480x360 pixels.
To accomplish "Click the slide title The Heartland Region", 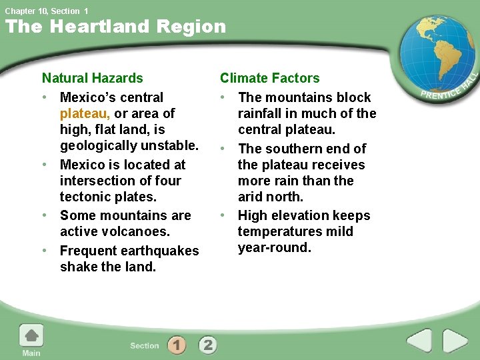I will (115, 27).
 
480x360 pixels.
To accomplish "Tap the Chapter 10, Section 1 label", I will (46, 11).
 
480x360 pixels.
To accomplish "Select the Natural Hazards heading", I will (92, 78).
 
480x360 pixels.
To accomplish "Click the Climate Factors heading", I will (269, 78).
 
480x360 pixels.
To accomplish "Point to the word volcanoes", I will (137, 231).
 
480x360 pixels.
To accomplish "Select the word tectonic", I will (85, 197).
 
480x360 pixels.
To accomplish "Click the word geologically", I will (101, 145).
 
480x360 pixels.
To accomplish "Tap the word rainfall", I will (261, 113).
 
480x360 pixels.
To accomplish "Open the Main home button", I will (31, 339).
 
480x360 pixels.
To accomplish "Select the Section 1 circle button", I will (177, 345).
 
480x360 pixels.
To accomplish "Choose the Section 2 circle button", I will (207, 345).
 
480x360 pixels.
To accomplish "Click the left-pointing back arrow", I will (419, 341).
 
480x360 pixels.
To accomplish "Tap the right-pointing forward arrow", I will (455, 341).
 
